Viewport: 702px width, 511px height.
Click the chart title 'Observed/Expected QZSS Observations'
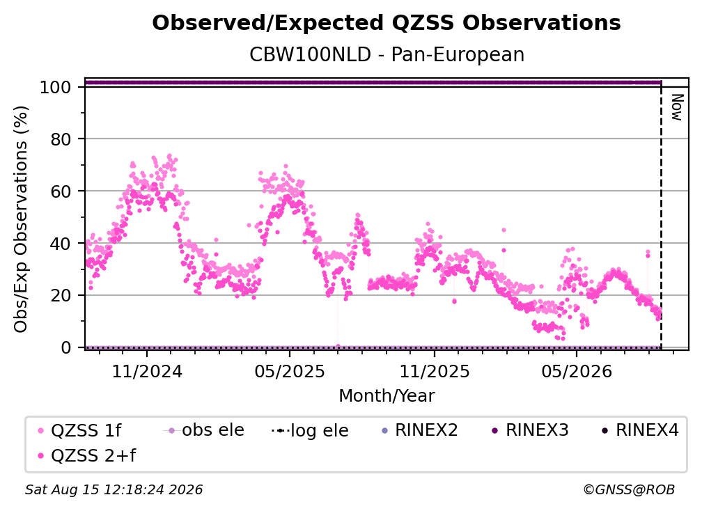coord(387,23)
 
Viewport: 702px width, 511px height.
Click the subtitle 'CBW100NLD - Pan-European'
coord(387,55)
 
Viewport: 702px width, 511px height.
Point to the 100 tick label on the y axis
coord(56,87)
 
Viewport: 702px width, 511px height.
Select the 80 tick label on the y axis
coord(61,139)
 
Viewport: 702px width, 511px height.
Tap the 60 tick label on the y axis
coord(61,191)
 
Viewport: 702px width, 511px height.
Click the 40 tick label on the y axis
coord(61,244)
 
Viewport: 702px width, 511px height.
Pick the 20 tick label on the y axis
coord(61,295)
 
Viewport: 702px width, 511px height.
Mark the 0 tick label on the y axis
coord(66,347)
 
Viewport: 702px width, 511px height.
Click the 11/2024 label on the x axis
coord(147,371)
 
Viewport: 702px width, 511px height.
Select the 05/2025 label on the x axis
coord(290,371)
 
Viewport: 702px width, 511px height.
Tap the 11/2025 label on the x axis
coord(435,371)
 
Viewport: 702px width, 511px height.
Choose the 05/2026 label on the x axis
coord(577,371)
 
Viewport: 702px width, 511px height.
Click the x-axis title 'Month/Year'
coord(387,396)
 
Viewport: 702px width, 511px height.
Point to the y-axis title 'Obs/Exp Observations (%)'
coord(21,219)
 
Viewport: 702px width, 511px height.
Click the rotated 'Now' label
coord(676,107)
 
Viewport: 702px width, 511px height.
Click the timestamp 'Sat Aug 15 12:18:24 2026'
coord(114,489)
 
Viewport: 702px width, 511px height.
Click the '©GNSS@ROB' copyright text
coord(629,489)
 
